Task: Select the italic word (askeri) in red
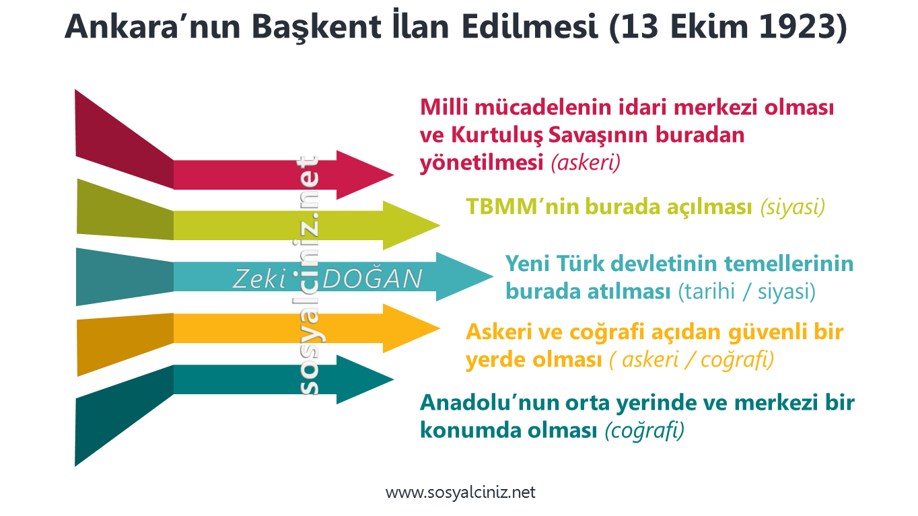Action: [586, 163]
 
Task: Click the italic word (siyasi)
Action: [792, 207]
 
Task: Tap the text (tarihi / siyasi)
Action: [747, 292]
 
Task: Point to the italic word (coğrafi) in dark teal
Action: [644, 429]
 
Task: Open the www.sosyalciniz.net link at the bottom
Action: [460, 492]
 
